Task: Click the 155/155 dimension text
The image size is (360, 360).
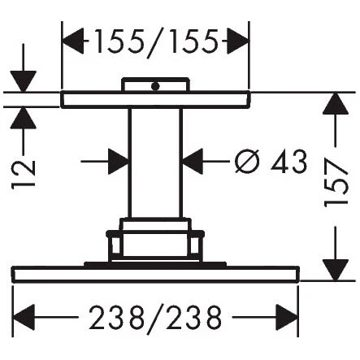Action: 156,42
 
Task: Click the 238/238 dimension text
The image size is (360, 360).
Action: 155,318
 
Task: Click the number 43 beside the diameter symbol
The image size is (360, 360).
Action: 289,161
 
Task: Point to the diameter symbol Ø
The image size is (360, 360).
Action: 247,161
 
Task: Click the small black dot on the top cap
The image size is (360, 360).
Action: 155,86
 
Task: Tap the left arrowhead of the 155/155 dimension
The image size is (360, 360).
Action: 73,41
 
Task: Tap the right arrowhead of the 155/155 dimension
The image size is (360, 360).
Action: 237,41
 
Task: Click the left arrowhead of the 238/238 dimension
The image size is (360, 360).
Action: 24,317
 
